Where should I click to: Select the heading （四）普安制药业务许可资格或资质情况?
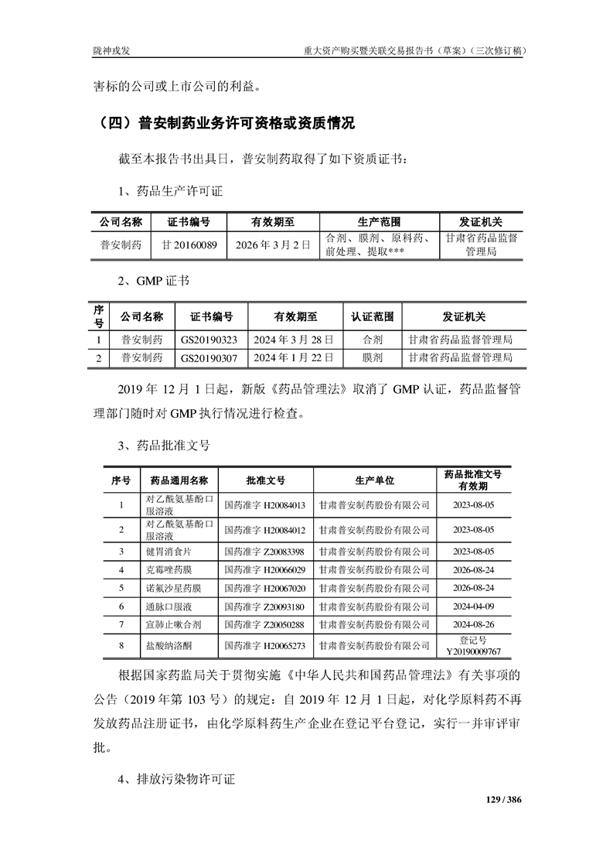(223, 123)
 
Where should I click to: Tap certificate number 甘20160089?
(189, 244)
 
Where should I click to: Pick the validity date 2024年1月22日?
(294, 358)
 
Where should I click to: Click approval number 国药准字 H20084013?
(264, 506)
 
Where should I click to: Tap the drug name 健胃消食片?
(167, 551)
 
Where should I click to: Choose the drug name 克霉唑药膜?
(167, 569)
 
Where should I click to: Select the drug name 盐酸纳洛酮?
(167, 644)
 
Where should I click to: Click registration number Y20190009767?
(473, 651)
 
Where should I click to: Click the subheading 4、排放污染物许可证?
(177, 779)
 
